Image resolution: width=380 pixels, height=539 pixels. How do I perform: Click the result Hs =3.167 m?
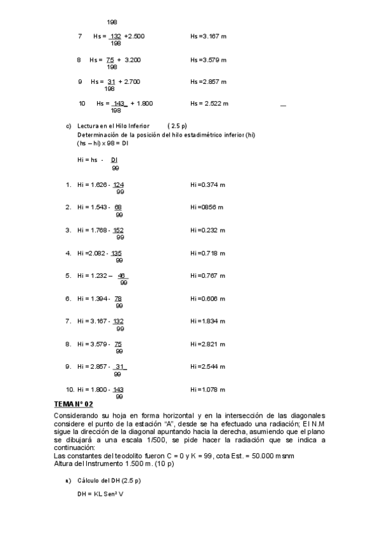coord(208,36)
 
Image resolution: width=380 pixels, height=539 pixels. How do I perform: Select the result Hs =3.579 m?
coord(208,60)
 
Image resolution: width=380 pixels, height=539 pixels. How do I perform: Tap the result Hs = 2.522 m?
coord(209,104)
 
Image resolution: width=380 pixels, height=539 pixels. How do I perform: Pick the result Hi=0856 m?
coord(206,207)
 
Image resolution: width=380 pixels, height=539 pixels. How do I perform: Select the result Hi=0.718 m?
coord(207,253)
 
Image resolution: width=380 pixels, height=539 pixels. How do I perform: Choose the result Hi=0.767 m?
coord(207,276)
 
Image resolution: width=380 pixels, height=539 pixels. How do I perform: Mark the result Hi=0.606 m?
coord(207,299)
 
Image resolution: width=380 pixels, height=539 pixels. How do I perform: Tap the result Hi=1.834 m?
coord(207,321)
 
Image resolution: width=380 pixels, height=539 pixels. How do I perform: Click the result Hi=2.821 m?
coord(207,344)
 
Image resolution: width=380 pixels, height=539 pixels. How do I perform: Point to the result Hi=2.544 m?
coord(207,367)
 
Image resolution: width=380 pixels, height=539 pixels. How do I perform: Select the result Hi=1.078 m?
coord(207,389)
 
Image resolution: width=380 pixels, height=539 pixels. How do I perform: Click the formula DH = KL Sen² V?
coord(100,494)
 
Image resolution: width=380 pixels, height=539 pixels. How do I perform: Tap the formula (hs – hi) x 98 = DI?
coord(103,144)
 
